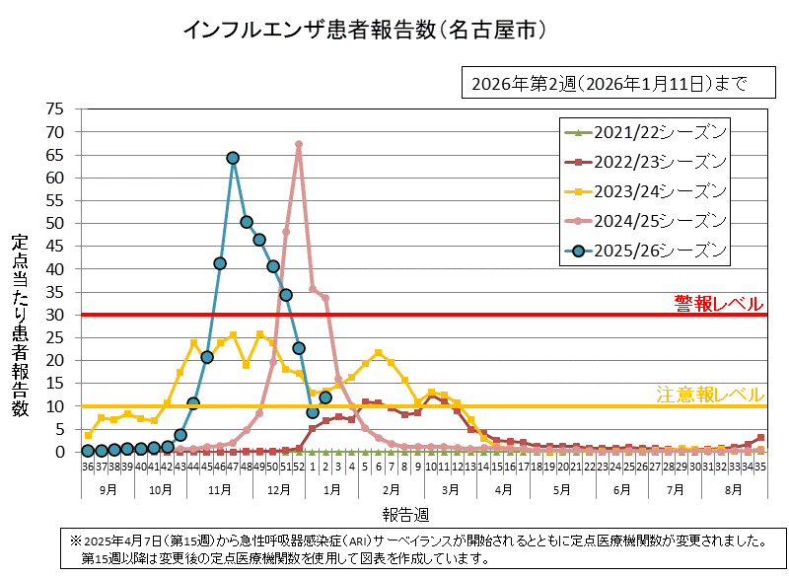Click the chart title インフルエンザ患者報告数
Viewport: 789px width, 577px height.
[x=365, y=30]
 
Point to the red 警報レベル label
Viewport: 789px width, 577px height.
[x=718, y=302]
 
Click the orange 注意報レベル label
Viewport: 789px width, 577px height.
[x=710, y=395]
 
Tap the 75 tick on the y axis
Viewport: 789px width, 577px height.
[x=55, y=108]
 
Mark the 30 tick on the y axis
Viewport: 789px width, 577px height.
[x=55, y=315]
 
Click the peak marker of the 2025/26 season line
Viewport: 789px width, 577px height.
[x=233, y=158]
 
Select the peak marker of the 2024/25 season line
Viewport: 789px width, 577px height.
[x=299, y=145]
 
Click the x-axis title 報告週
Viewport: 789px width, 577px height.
[x=406, y=514]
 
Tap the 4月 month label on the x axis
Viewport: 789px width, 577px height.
[x=503, y=488]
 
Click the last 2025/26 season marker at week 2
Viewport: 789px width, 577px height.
[x=325, y=397]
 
